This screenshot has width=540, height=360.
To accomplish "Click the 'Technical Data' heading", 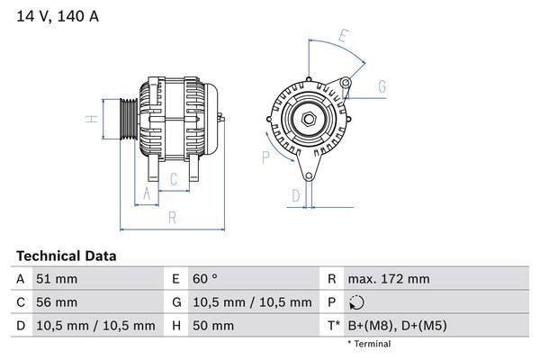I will pyautogui.click(x=66, y=256).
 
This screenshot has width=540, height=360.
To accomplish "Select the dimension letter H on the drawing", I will pyautogui.click(x=91, y=119).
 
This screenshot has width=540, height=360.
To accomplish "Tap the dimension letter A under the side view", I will pyautogui.click(x=147, y=193).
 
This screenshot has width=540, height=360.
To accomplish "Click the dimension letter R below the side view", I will pyautogui.click(x=172, y=218).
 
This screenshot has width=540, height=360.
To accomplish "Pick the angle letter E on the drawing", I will pyautogui.click(x=343, y=37).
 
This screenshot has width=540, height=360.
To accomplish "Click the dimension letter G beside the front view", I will pyautogui.click(x=382, y=86).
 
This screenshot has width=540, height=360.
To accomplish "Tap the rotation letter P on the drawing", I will pyautogui.click(x=265, y=157).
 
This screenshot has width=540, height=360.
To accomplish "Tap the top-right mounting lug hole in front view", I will pyautogui.click(x=346, y=84).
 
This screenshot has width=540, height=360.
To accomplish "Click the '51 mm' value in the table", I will pyautogui.click(x=54, y=279).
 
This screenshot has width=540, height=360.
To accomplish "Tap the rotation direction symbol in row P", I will pyautogui.click(x=358, y=302).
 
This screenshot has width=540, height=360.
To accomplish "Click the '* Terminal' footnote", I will pyautogui.click(x=369, y=344).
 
